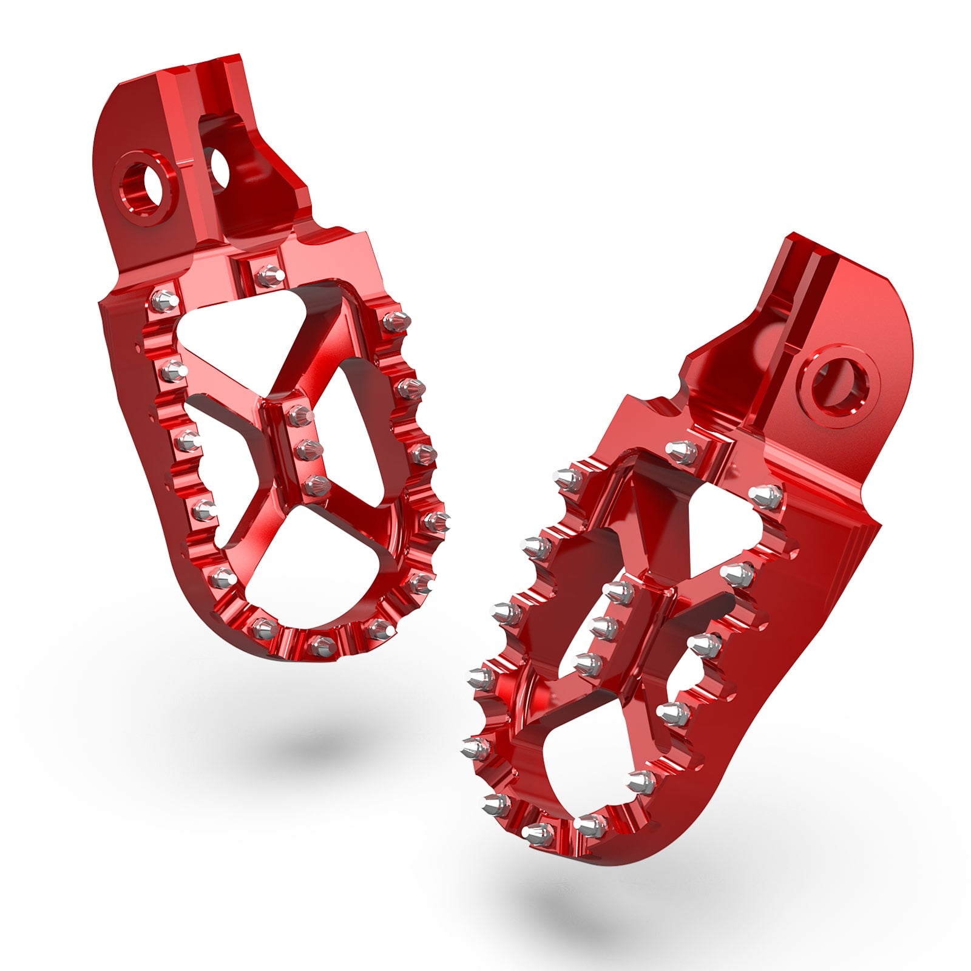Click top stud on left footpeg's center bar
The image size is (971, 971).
click(299, 416)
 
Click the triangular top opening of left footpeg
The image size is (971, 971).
click(231, 340)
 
